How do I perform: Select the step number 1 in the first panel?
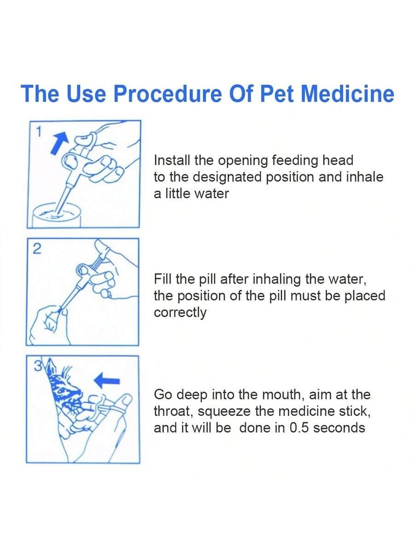coord(39,132)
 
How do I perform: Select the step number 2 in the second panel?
coord(37,249)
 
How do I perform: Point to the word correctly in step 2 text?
coord(180,313)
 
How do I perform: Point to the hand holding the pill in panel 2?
coord(48,322)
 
